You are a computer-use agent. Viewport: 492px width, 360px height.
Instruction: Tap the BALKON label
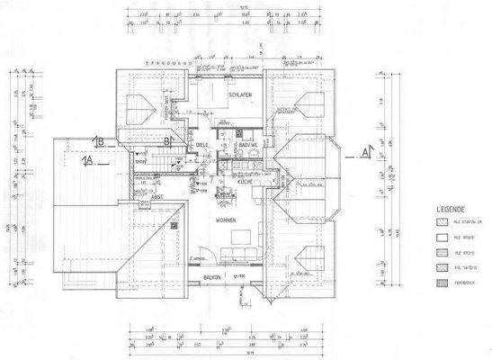click(x=212, y=277)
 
